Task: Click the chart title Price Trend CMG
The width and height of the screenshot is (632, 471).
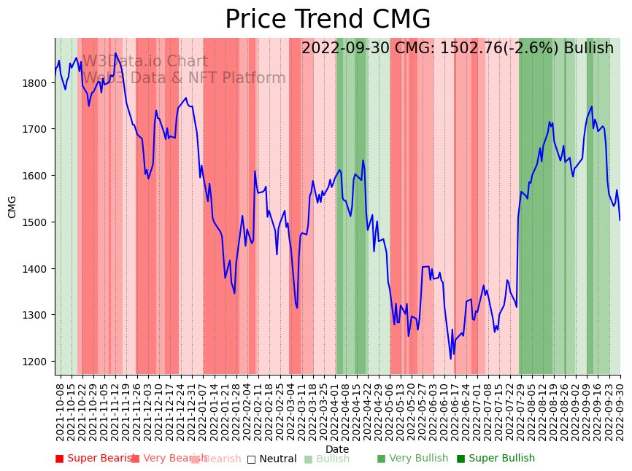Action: click(328, 20)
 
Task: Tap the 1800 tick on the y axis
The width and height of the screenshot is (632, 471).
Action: click(36, 83)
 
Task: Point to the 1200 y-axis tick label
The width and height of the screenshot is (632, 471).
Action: click(36, 362)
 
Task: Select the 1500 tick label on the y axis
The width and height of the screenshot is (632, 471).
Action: click(36, 222)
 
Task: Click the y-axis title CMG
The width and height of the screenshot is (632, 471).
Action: click(12, 206)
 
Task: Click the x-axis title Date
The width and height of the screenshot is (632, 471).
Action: click(337, 449)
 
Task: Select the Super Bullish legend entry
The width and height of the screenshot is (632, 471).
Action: click(496, 459)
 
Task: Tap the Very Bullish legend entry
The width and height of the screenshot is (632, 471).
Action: click(412, 459)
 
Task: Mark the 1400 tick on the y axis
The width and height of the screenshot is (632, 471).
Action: click(36, 269)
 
